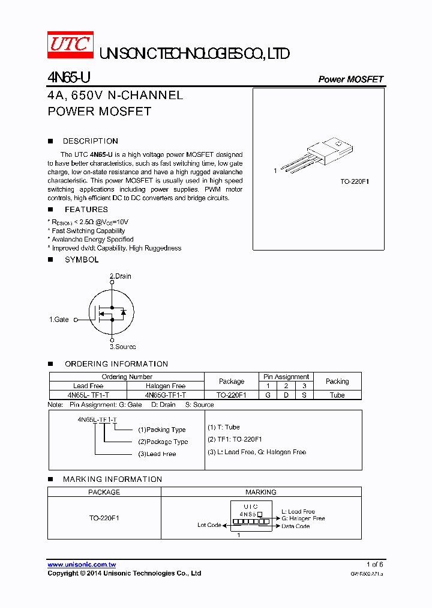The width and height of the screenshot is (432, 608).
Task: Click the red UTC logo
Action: pos(70,44)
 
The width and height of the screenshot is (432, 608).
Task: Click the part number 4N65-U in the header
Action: pos(69,78)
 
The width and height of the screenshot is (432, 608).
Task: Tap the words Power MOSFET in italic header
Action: pos(350,79)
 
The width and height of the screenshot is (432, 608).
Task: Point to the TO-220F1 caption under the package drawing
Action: pos(354,180)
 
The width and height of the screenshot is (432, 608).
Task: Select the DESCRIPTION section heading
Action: pos(90,141)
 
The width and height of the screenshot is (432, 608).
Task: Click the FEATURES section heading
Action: pos(86,210)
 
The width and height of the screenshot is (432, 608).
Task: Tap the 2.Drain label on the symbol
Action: pos(120,276)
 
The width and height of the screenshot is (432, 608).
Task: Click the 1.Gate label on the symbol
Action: pos(59,320)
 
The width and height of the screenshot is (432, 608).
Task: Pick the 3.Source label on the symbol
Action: pos(122,347)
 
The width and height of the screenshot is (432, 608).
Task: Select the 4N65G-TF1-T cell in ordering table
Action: pos(166,395)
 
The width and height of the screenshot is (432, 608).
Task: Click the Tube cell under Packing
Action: pos(337,395)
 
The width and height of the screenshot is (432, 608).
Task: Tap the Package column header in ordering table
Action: pos(232,382)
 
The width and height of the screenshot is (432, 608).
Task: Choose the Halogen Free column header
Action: pos(166,386)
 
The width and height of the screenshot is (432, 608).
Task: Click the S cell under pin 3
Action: pos(304,395)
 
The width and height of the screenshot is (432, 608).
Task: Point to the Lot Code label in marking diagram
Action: pos(209,525)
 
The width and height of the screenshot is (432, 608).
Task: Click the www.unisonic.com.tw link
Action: pos(82,565)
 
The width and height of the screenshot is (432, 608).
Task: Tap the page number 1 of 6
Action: pos(374,565)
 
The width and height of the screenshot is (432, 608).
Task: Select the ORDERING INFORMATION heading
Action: pos(116,364)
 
